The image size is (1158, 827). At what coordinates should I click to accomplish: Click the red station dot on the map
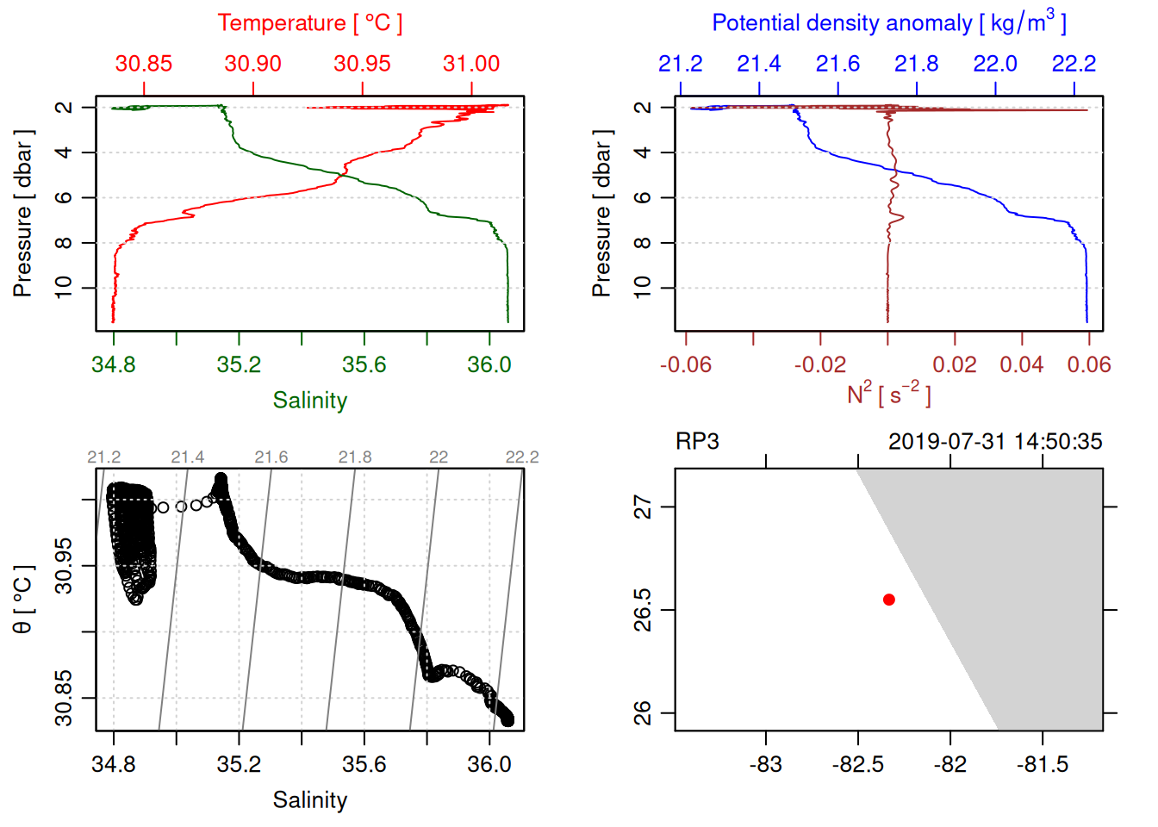point(888,600)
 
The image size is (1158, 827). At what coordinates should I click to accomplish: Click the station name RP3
point(697,442)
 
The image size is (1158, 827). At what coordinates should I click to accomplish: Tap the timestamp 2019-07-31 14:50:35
point(995,442)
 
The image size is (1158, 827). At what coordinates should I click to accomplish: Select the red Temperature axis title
point(309,23)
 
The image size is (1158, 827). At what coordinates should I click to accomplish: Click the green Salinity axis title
point(309,401)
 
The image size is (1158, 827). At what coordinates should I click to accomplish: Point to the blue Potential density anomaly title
point(888,23)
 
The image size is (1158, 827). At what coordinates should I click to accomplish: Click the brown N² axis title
point(888,394)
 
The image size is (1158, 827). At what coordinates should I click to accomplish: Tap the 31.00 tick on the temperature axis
point(471,64)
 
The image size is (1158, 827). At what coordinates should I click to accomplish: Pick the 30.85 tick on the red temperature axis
point(144,64)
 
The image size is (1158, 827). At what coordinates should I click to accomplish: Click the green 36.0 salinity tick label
point(489,364)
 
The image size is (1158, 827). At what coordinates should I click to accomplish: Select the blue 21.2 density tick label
point(681,64)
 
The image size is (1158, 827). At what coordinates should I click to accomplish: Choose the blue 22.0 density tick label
point(995,64)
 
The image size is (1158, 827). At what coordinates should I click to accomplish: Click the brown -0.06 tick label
point(686,364)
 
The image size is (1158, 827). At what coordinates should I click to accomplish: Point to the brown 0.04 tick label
point(1022,364)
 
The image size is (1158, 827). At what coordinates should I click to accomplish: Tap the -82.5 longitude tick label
point(858,764)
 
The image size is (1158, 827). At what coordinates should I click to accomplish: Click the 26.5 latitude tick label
point(643,610)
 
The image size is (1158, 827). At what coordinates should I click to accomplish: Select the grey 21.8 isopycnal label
point(355,457)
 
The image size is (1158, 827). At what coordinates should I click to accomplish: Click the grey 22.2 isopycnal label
point(522,457)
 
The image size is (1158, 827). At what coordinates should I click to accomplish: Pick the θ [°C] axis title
point(23,600)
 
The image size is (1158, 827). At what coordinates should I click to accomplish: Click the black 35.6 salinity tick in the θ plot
point(364,764)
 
